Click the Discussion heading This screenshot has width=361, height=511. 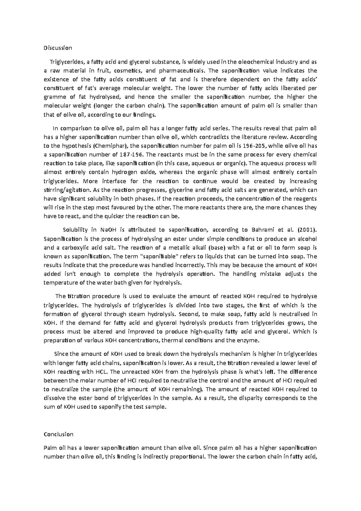point(58,48)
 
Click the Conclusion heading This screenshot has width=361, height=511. point(58,434)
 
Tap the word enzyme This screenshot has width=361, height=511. point(248,341)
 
